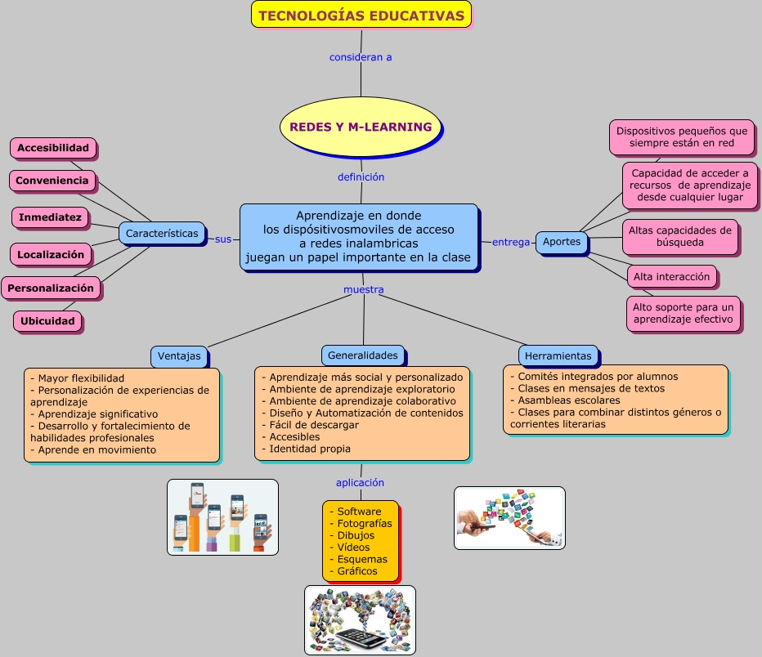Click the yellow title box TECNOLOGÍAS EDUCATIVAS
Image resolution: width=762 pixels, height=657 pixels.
(x=361, y=15)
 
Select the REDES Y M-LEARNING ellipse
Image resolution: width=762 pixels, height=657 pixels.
(x=361, y=127)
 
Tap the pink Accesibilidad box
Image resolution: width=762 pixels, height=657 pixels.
(x=53, y=148)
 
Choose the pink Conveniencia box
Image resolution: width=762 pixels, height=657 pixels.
(x=52, y=180)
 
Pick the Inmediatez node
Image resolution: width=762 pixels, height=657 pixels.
(x=50, y=217)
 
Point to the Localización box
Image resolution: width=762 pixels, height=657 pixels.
(x=51, y=254)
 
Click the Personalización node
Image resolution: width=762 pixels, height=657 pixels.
(x=51, y=288)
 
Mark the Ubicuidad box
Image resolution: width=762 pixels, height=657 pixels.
(x=47, y=321)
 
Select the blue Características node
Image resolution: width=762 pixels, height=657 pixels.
(x=162, y=234)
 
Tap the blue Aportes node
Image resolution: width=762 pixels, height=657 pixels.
(x=562, y=241)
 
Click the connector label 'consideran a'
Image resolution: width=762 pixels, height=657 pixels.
(x=361, y=57)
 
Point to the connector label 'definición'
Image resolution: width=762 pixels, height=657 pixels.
(x=361, y=177)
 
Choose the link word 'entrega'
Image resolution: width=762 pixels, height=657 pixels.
(x=511, y=242)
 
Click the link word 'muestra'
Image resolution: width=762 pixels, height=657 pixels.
(x=363, y=289)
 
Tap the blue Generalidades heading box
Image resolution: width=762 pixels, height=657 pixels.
(x=362, y=355)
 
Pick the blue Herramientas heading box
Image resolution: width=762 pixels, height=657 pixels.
(x=558, y=355)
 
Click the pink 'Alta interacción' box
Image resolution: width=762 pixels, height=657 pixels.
(x=671, y=276)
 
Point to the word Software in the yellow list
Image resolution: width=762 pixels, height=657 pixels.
(x=359, y=512)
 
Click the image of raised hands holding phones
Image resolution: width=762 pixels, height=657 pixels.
(x=222, y=517)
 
